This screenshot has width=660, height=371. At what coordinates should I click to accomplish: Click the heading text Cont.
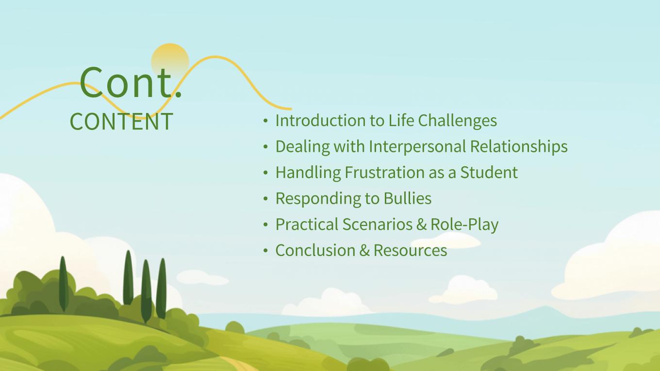[131, 82]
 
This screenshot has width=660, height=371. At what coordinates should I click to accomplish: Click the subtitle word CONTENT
[121, 121]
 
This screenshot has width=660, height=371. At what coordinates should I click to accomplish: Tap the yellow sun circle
[170, 61]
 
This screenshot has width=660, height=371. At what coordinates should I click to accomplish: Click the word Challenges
[458, 120]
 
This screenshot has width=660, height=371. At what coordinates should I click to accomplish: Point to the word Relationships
[519, 146]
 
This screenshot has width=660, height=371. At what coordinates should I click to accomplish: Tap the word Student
[489, 172]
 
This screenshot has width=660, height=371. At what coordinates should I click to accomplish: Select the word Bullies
[408, 198]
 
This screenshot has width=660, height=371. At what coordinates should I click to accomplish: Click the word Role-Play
[464, 225]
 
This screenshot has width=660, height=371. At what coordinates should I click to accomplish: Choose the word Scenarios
[377, 225]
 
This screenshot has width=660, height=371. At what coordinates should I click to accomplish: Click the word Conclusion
[315, 250]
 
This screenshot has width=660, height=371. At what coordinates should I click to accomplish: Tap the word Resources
[411, 250]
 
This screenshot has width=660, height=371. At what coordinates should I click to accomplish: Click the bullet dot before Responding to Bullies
[265, 199]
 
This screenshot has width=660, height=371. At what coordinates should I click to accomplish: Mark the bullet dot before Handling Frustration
[265, 173]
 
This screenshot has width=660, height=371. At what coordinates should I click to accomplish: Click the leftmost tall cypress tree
[64, 284]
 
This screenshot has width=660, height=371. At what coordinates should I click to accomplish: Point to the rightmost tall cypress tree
[162, 289]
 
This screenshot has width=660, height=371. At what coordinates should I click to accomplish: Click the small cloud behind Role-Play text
[446, 241]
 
